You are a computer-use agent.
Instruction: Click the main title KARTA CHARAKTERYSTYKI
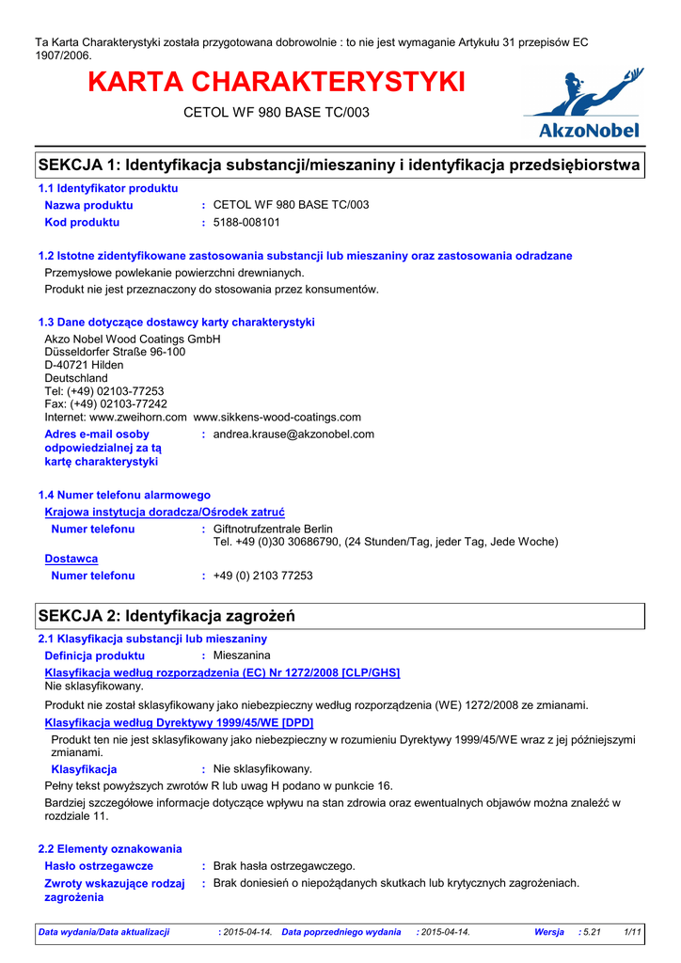point(277,82)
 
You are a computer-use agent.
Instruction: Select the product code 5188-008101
point(246,223)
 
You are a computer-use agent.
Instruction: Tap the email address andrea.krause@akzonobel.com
point(293,434)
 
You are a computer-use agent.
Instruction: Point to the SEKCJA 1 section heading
point(340,166)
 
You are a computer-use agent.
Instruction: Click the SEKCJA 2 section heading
point(166,616)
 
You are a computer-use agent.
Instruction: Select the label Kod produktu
point(82,223)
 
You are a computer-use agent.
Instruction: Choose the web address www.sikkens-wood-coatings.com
point(277,418)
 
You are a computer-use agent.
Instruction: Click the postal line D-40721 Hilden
point(84,365)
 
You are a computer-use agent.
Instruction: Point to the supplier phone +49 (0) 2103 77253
point(263,576)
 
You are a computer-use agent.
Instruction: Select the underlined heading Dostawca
point(71,559)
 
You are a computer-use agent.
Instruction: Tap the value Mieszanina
point(242,655)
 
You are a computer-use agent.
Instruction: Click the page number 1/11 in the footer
point(632,932)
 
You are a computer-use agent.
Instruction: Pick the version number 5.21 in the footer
point(592,932)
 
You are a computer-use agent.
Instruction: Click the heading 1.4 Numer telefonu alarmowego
point(124,495)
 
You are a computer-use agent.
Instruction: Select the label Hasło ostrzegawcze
point(99,865)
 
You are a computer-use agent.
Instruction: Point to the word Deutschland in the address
point(76,378)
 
